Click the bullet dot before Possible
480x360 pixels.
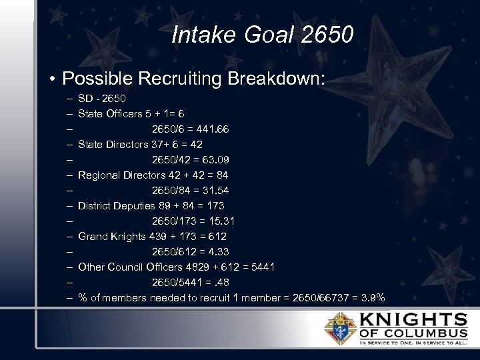tap(51, 79)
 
